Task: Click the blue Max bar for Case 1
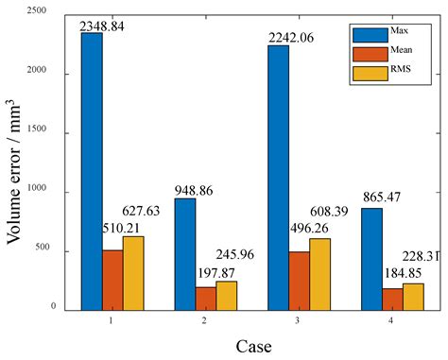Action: [92, 170]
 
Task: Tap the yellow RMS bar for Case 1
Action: [133, 273]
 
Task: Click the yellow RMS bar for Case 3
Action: [320, 274]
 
